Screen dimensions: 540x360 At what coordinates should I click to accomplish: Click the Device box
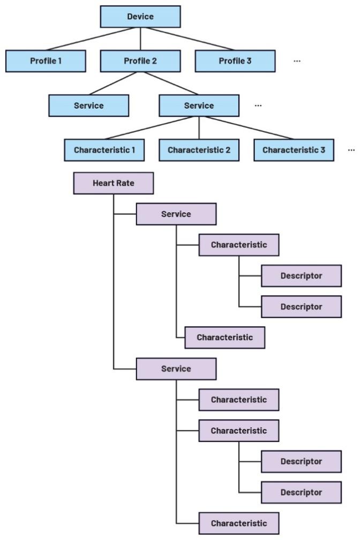click(x=140, y=17)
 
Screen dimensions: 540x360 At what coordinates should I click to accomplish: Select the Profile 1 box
click(x=46, y=61)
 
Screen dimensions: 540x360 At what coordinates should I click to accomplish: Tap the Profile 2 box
click(x=140, y=61)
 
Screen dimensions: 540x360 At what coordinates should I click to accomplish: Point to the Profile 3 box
click(x=235, y=61)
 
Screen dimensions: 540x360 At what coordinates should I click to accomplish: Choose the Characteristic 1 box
click(x=104, y=150)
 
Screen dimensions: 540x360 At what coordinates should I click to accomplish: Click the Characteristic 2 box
click(x=199, y=150)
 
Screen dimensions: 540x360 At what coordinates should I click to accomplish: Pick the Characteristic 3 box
click(x=294, y=150)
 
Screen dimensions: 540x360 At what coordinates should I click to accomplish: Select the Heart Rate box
click(x=114, y=183)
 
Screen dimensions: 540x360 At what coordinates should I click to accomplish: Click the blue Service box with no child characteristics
click(x=88, y=106)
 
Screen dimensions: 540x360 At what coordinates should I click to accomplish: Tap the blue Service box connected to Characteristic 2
click(x=199, y=106)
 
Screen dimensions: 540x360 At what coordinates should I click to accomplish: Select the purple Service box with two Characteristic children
click(x=176, y=214)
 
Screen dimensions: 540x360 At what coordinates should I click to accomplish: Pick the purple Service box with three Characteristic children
click(x=176, y=369)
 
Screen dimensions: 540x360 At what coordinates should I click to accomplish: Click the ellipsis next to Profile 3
click(x=297, y=61)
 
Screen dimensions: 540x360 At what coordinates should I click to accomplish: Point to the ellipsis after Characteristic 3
click(x=351, y=150)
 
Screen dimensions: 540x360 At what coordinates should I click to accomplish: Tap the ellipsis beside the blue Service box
click(x=258, y=106)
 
